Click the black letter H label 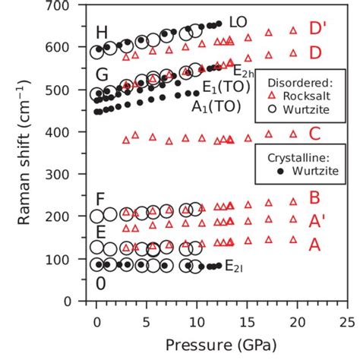click(101, 33)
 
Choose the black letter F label click(100, 199)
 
